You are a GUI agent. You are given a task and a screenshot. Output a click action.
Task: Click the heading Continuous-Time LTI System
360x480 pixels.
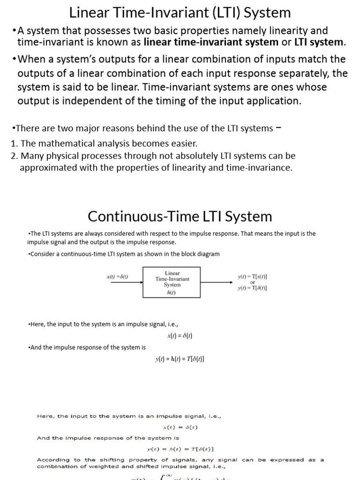click(180, 216)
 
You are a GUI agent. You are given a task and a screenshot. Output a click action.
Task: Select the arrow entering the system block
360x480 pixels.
click(136, 282)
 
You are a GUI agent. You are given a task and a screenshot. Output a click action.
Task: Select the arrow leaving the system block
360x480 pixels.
click(216, 282)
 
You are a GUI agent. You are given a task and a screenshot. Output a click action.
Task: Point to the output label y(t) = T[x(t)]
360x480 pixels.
click(253, 277)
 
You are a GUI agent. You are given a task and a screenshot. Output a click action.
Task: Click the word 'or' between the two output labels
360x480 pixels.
click(253, 282)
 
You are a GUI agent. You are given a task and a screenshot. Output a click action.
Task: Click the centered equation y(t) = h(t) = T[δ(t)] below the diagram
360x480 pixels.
click(180, 359)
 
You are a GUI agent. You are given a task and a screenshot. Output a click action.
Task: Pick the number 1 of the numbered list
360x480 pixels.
click(13, 143)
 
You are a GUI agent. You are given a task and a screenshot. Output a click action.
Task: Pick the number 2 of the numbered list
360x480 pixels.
click(13, 156)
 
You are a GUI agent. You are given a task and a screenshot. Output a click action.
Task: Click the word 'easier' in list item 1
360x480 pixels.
click(182, 143)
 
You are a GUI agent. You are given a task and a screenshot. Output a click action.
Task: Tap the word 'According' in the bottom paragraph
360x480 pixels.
click(53, 460)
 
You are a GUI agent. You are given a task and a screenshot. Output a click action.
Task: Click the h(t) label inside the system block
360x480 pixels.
click(172, 292)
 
